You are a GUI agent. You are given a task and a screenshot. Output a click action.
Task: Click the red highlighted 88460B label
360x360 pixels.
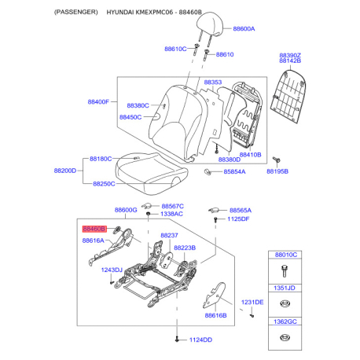click(x=94, y=229)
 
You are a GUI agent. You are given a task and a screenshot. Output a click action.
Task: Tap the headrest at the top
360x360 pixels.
click(x=210, y=25)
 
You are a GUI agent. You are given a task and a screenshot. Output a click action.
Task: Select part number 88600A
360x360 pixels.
click(x=244, y=29)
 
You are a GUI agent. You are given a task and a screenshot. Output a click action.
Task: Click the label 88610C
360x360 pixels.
click(x=175, y=49)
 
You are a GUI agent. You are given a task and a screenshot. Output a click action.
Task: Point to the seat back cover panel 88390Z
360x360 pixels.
click(x=288, y=96)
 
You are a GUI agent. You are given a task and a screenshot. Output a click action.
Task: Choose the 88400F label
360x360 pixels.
click(x=98, y=101)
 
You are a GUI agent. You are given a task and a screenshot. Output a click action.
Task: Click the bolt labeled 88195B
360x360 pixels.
click(x=277, y=160)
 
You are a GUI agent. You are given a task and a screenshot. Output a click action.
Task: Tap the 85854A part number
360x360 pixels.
click(x=234, y=172)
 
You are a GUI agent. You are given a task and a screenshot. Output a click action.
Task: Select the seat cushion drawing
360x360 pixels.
click(x=152, y=174)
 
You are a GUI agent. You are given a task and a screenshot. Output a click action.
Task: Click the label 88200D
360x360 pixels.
click(x=65, y=171)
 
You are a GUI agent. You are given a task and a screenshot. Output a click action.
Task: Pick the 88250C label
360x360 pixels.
click(x=104, y=184)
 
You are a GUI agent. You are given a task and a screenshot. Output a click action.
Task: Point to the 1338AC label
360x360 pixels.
click(x=171, y=214)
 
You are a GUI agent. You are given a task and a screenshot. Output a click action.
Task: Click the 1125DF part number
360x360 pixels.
click(x=238, y=219)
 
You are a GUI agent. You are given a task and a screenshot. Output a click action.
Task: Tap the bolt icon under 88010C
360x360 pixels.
click(x=284, y=271)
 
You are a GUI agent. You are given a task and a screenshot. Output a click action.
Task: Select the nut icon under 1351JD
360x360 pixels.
click(x=285, y=304)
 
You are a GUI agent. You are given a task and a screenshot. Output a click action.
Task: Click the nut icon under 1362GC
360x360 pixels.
click(x=284, y=337)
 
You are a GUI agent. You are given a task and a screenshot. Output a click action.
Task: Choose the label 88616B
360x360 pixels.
click(x=215, y=315)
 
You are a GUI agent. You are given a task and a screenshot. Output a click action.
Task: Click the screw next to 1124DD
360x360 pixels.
click(x=178, y=340)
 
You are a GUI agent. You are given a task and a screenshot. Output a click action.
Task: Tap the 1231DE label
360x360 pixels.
click(x=252, y=303)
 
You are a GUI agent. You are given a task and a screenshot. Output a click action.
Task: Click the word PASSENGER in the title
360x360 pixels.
click(x=76, y=12)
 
